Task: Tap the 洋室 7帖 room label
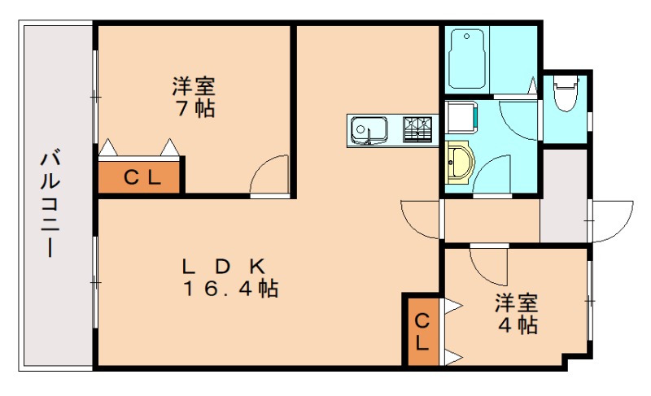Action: pos(194,97)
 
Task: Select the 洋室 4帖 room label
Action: pos(518,314)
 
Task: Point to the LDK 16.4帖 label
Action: pos(230,277)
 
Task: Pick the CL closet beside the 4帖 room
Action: pos(422,330)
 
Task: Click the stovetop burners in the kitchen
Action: pos(419,129)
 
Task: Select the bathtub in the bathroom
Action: pos(467,59)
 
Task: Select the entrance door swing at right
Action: pos(612,220)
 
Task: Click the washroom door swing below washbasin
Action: pos(493,175)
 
